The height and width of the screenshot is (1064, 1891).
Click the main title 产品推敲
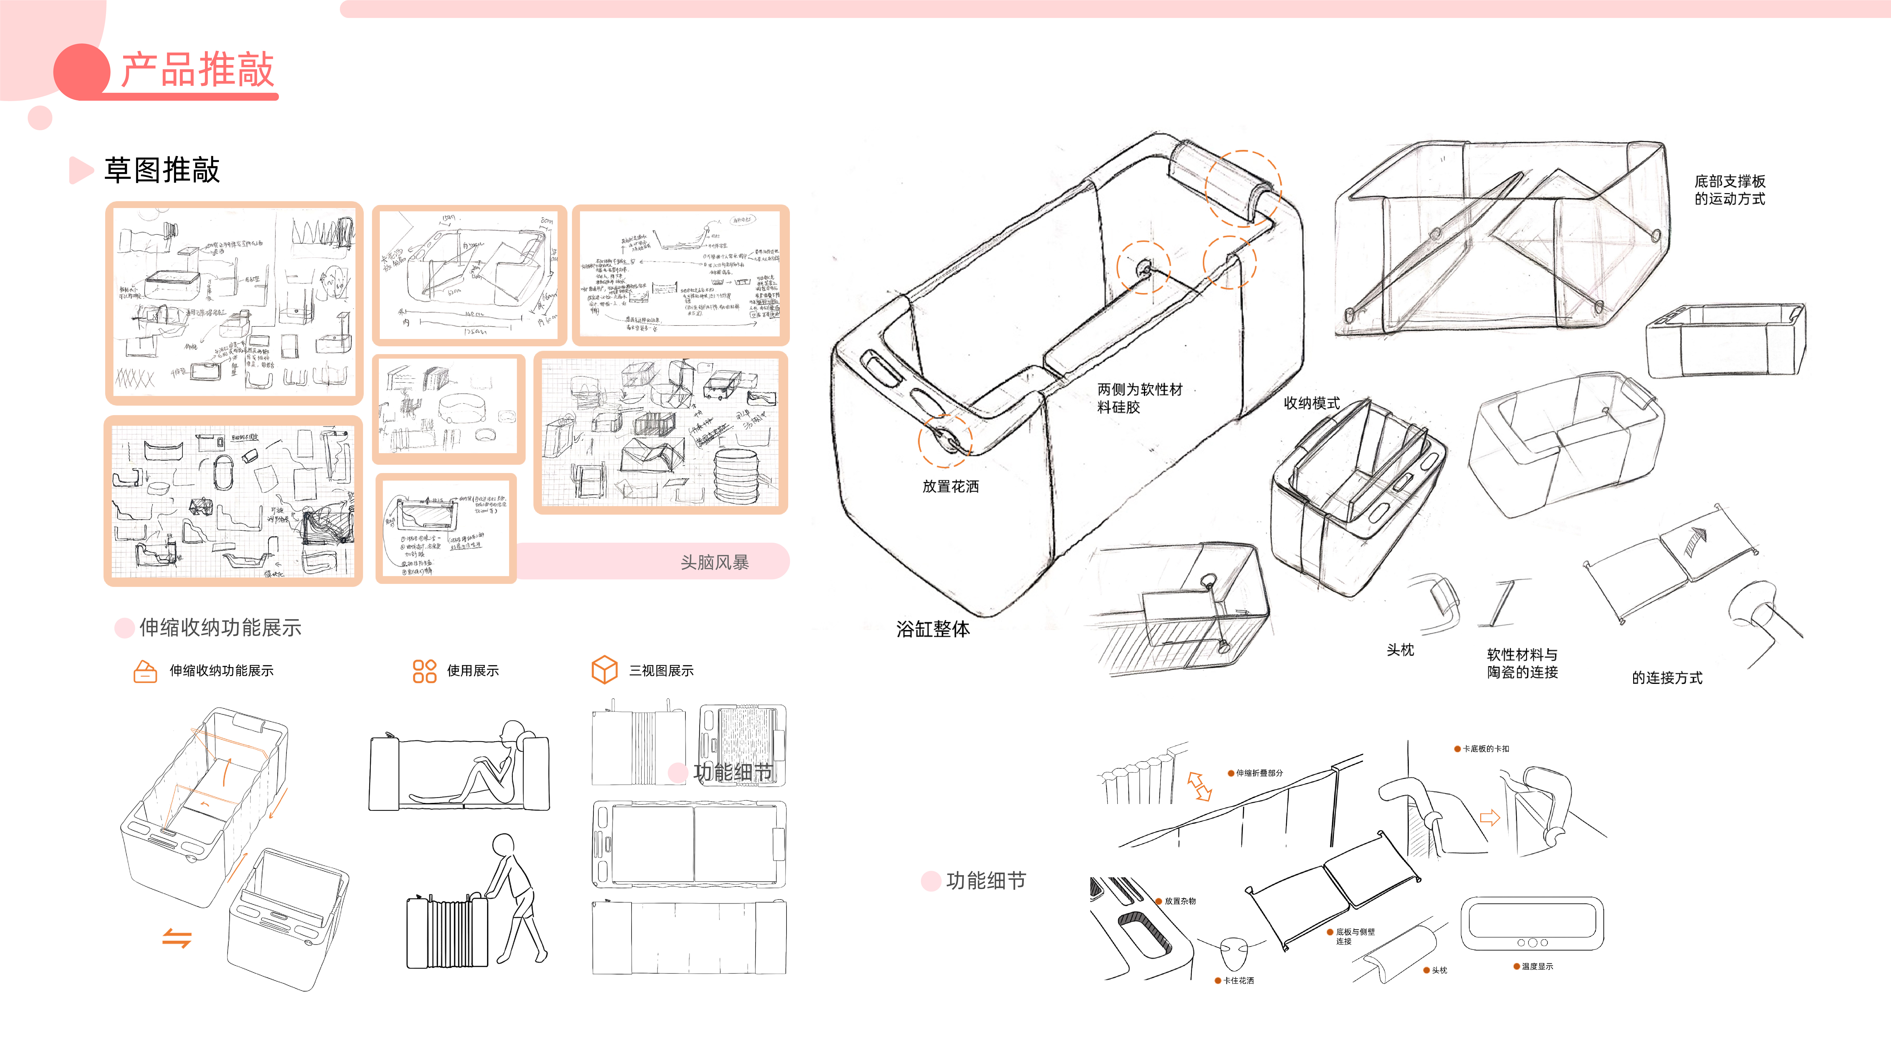pos(197,70)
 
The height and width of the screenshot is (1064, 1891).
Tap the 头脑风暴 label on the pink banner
pos(714,562)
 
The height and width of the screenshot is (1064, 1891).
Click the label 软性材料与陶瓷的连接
pos(1522,663)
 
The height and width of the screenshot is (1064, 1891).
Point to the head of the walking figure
pos(503,844)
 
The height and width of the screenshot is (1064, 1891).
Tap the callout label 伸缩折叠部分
pos(1259,773)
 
